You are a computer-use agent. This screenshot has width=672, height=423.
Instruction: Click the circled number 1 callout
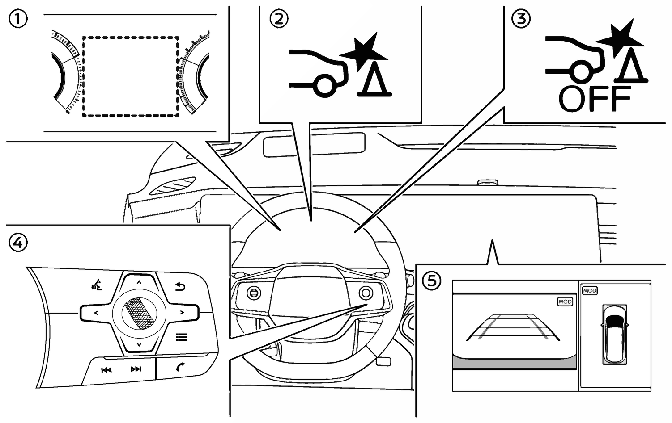[18, 19]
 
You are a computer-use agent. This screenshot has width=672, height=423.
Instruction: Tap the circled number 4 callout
[18, 243]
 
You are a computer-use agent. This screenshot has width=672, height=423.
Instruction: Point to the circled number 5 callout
[432, 281]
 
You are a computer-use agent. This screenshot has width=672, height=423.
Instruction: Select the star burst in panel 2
[364, 51]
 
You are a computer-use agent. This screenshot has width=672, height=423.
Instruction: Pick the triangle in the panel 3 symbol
[631, 69]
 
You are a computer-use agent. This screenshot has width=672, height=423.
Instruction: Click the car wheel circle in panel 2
[325, 86]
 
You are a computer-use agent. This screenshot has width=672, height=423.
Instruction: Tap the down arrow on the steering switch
[139, 345]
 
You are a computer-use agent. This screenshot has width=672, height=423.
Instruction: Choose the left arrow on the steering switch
[96, 313]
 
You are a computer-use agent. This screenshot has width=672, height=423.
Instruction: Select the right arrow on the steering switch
[182, 313]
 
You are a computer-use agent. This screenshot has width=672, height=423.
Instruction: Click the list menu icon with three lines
[182, 337]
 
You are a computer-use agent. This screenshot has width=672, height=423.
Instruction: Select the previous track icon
[106, 370]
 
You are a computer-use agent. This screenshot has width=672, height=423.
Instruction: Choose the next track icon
[136, 369]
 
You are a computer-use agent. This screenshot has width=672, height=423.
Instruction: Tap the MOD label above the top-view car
[590, 291]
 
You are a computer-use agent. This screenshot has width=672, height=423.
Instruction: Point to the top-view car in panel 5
[614, 335]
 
